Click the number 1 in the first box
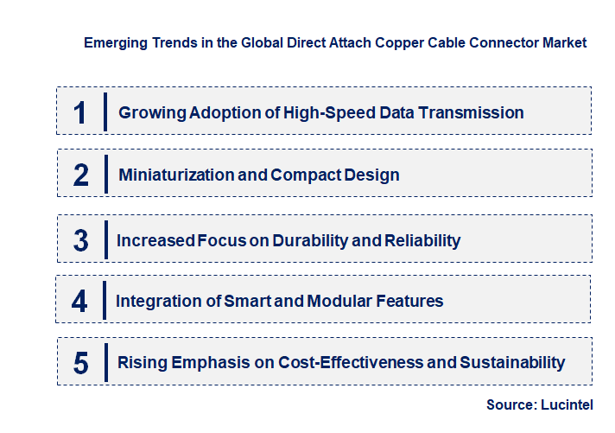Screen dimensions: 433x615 coord(80,112)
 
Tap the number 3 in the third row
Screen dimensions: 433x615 coord(81,240)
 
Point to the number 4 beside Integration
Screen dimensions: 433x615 coord(80,301)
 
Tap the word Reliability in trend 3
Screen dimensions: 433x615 coord(419,240)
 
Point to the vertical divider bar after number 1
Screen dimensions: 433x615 coord(105,111)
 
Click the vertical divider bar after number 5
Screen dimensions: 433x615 coord(105,362)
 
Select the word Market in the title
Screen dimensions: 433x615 coord(565,42)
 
